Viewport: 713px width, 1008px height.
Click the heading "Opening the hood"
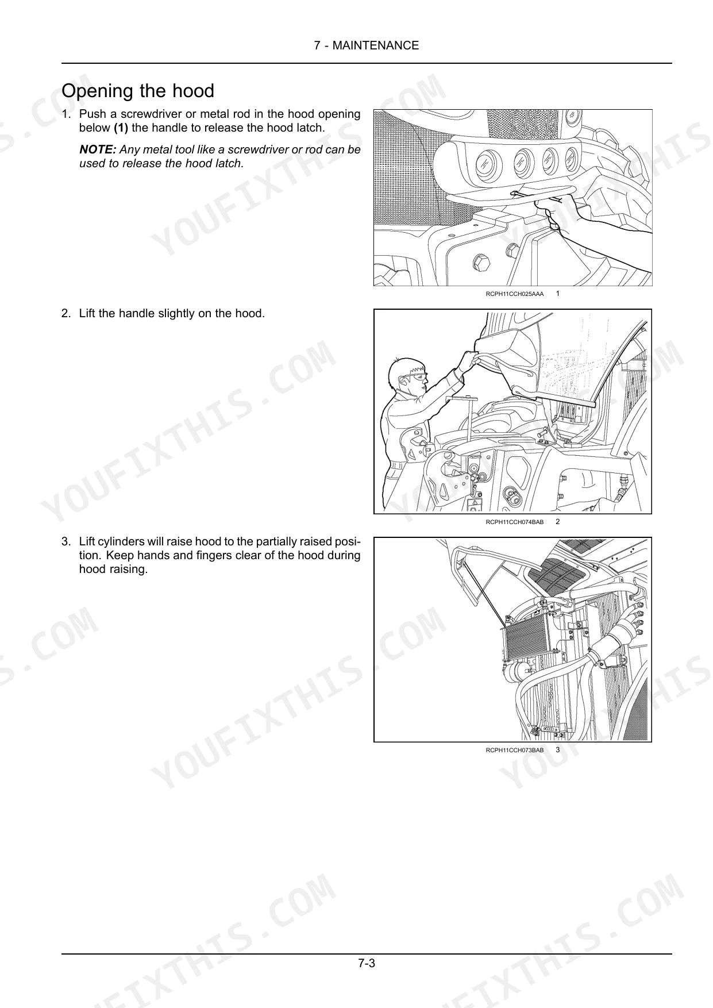[138, 91]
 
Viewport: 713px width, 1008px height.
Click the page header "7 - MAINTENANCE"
[367, 45]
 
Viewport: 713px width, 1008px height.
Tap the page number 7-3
[367, 963]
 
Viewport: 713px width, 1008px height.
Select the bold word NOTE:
[98, 149]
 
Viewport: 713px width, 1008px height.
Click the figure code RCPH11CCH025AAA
[515, 294]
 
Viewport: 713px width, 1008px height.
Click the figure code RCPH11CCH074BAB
[515, 522]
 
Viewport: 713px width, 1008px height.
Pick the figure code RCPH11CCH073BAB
[515, 750]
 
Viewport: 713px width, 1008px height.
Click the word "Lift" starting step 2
[87, 314]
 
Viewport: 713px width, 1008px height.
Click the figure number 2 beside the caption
[557, 522]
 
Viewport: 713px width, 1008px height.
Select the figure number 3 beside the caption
[557, 750]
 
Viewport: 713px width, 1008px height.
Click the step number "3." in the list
[66, 542]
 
